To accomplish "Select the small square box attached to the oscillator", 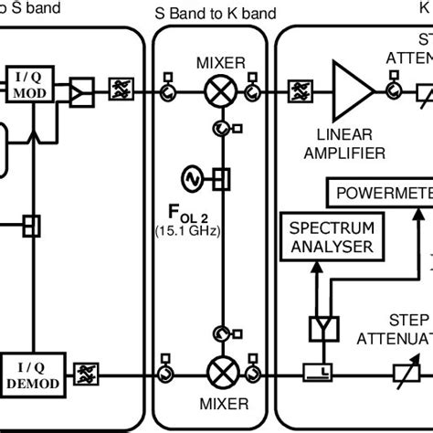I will pyautogui.click(x=219, y=175).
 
